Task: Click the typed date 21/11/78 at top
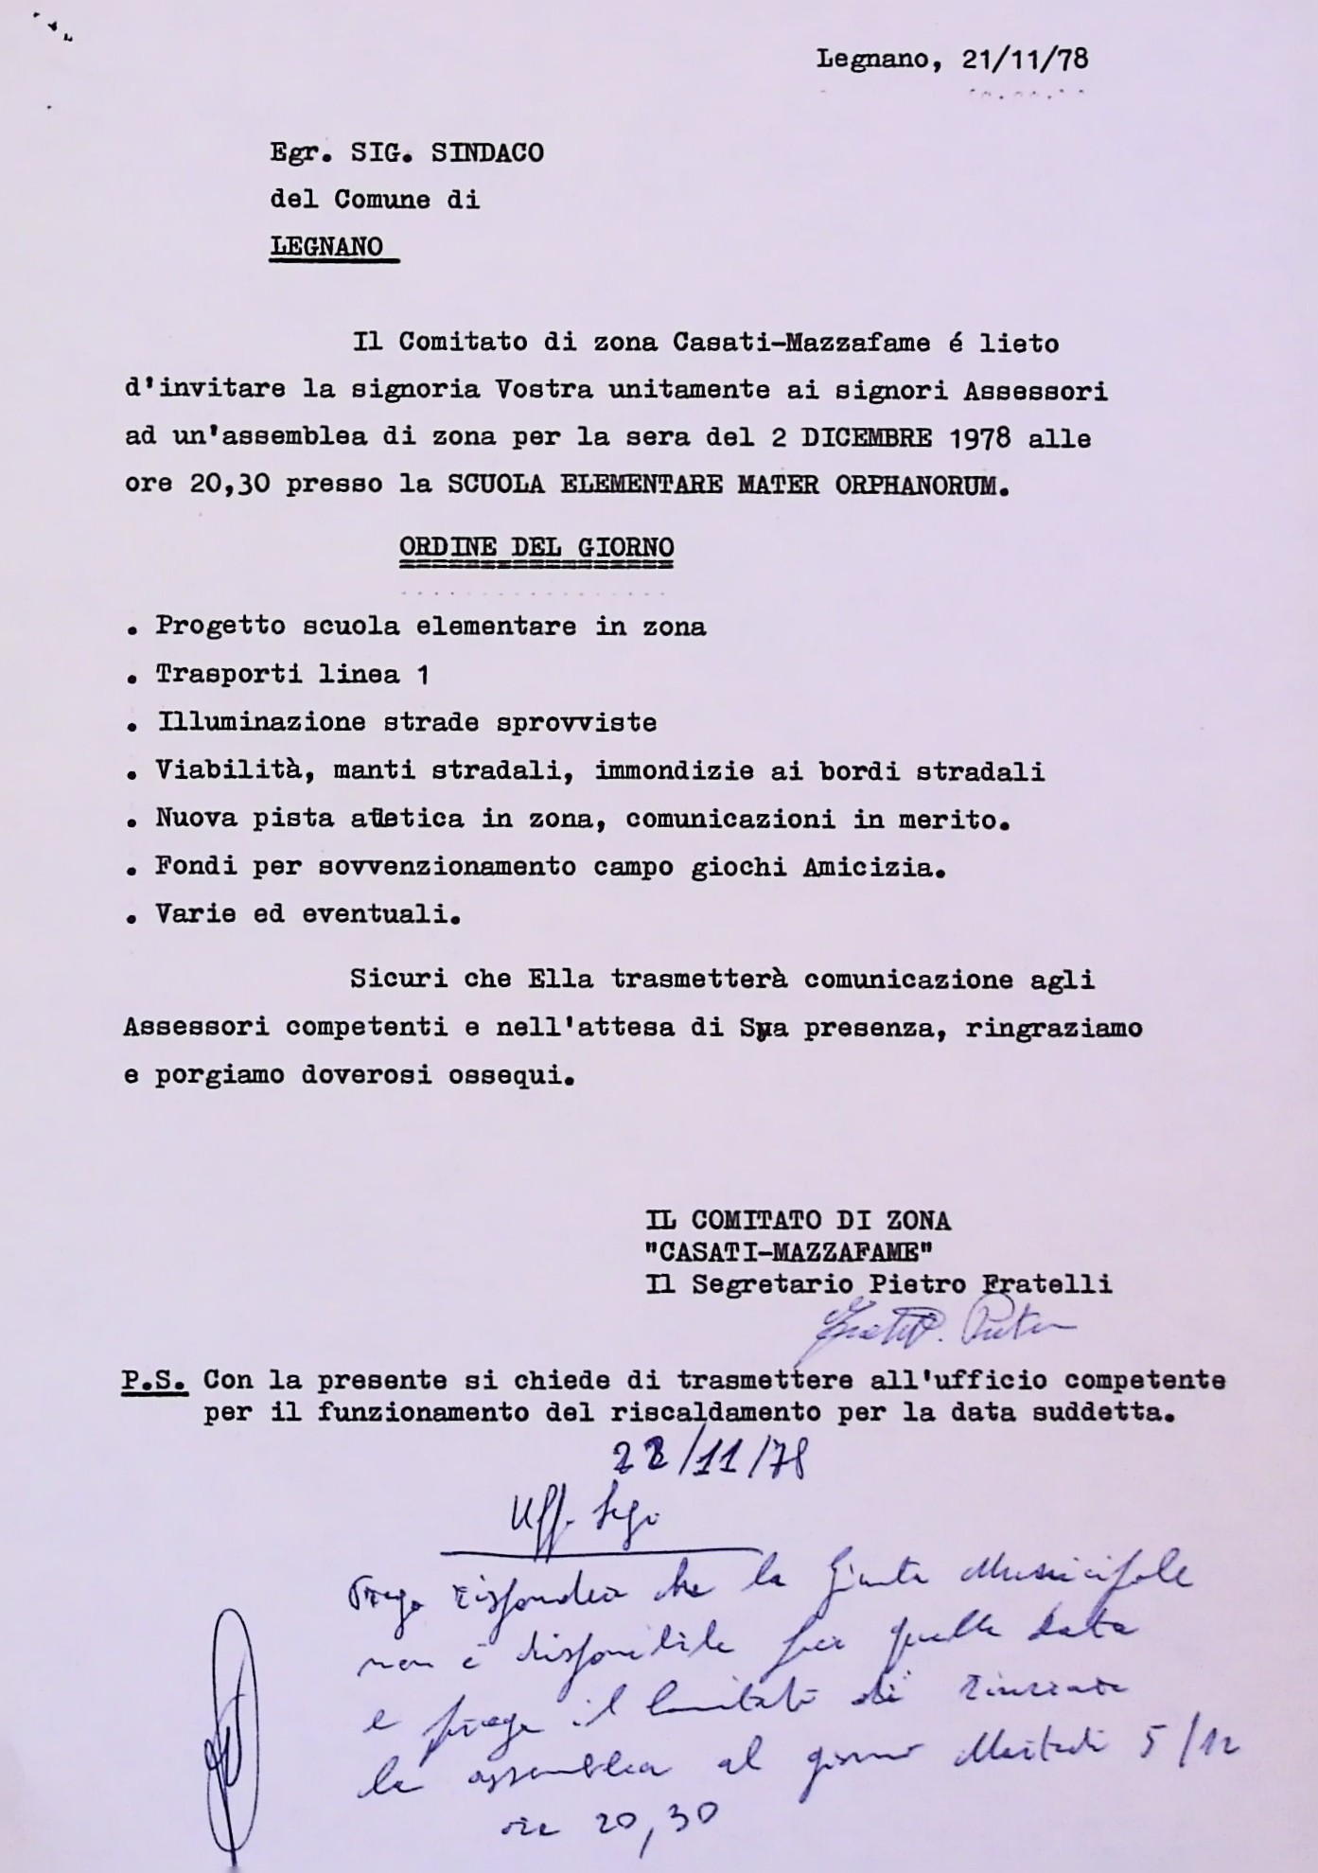[1025, 61]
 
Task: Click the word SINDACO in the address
[487, 153]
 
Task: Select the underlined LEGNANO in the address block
[327, 247]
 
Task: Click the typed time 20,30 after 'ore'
[230, 486]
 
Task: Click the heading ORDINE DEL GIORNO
[536, 548]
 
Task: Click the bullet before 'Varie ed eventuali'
[132, 917]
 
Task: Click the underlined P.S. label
[154, 1381]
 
